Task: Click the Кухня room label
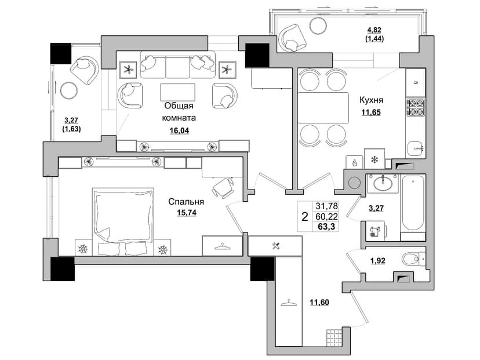coord(371,100)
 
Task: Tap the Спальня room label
coord(186,202)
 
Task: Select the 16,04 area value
coord(179,130)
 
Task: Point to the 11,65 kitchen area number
coord(371,112)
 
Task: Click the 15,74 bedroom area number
coord(187,213)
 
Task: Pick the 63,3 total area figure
coord(327,227)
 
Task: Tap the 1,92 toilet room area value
coord(378,261)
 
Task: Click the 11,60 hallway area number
coord(319,303)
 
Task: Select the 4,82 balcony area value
coord(374,30)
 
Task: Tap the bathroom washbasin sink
coord(383,183)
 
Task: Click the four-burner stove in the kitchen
coord(416,107)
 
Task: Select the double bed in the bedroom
coord(123,221)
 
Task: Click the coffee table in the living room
coord(177,92)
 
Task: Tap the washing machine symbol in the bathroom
coord(375,230)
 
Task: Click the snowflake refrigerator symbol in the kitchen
coord(374,159)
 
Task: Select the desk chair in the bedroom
coord(223,188)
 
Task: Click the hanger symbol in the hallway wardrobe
coord(289,303)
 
